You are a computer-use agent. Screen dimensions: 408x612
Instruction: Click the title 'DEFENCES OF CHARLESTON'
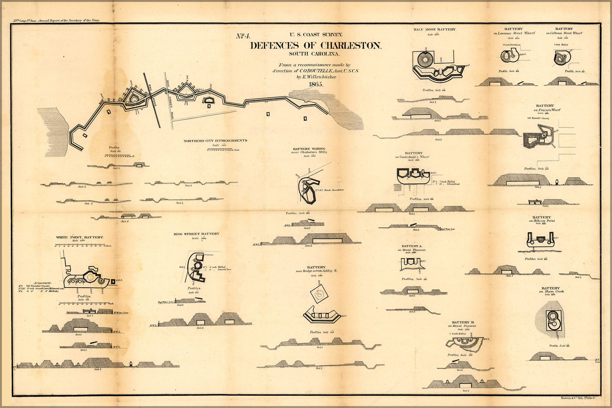tap(315, 46)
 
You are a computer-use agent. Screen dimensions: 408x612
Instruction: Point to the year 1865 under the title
tap(316, 84)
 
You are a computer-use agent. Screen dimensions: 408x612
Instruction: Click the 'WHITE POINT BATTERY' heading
tap(80, 237)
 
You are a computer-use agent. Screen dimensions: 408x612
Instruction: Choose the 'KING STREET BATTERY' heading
tap(196, 234)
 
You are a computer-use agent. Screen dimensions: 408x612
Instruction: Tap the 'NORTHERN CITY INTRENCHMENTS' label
tap(215, 141)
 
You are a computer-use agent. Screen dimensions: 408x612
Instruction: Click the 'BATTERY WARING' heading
tap(309, 149)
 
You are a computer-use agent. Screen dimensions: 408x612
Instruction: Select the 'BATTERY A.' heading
tap(412, 246)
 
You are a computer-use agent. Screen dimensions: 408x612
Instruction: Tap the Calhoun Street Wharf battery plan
tap(562, 58)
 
